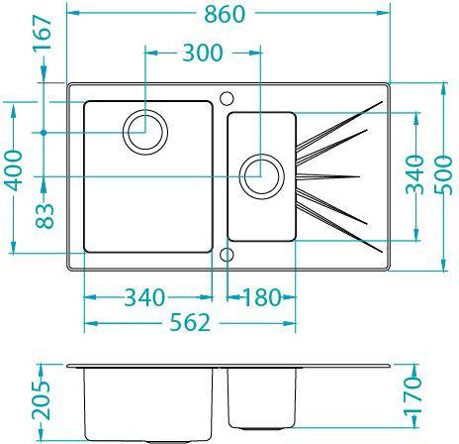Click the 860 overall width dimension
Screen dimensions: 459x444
pos(225,14)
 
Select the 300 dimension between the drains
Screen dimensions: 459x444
pos(203,53)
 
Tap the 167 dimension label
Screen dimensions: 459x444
pos(43,33)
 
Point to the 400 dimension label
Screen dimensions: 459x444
pos(15,170)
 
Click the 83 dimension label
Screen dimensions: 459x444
pos(45,216)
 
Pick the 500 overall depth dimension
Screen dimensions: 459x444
pos(443,175)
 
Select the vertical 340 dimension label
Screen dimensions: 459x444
pos(414,174)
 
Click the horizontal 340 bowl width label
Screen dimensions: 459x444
pos(144,297)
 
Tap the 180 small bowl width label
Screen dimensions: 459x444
pos(262,297)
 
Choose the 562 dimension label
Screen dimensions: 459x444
pos(190,323)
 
